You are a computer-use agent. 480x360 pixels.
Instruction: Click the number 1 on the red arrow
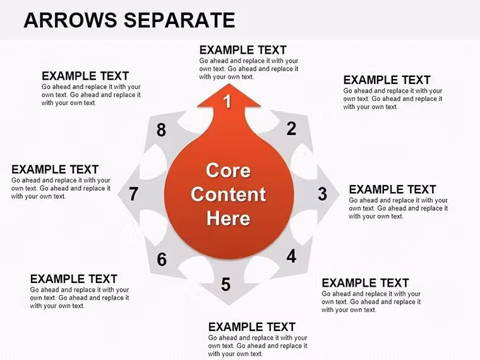click(227, 101)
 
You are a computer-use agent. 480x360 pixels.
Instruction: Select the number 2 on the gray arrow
click(291, 129)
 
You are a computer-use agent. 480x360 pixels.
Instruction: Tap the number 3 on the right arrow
click(322, 194)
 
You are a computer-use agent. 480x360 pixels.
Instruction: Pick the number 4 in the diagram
click(291, 256)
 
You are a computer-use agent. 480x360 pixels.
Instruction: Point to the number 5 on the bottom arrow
click(225, 284)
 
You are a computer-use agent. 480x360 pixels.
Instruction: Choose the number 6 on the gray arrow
click(162, 260)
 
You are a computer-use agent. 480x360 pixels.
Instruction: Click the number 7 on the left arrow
click(133, 194)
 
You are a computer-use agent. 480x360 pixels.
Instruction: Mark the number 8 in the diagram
click(161, 130)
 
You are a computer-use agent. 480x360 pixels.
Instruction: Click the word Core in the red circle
click(228, 170)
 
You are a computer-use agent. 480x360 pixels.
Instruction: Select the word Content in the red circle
click(229, 195)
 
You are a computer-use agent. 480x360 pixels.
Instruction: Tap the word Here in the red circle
click(229, 219)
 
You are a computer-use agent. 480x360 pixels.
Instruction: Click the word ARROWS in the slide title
click(70, 20)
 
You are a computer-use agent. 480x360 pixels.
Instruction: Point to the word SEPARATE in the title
click(179, 20)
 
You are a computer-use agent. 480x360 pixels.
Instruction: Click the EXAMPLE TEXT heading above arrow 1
click(243, 50)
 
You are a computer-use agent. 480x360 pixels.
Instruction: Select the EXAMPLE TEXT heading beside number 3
click(392, 189)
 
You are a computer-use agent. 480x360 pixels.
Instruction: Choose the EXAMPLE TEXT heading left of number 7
click(55, 169)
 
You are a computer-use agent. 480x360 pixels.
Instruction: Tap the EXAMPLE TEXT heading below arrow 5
click(251, 327)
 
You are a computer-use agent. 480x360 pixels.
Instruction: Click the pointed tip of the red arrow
click(229, 84)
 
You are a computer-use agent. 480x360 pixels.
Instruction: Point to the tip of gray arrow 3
click(340, 194)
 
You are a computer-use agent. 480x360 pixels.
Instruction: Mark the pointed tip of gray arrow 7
click(118, 193)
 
